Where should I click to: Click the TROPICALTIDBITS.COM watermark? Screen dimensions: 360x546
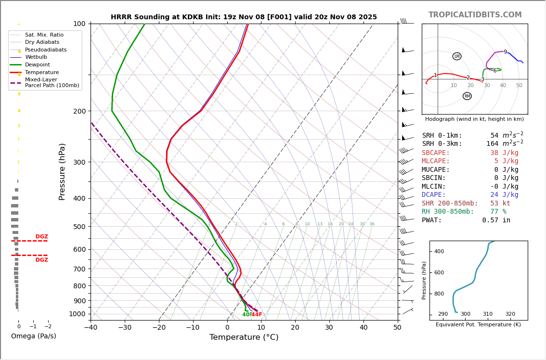pos(475,15)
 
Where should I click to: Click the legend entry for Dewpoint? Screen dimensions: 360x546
pos(37,65)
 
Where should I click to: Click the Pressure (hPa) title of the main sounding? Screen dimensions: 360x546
pos(63,171)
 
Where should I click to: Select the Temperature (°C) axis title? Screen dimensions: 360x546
pos(244,337)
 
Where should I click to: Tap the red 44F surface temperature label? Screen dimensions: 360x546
pos(257,315)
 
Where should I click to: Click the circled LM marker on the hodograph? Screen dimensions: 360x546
pos(457,56)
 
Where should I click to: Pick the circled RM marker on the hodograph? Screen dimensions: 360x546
pos(467,96)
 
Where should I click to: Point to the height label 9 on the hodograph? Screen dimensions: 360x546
pos(505,52)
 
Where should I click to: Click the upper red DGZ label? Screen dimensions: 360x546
pos(41,237)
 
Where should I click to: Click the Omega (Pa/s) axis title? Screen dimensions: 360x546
pos(34,336)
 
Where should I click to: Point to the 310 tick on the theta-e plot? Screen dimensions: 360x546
pos(488,314)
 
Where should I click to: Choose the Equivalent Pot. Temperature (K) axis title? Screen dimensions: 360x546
pos(478,325)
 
